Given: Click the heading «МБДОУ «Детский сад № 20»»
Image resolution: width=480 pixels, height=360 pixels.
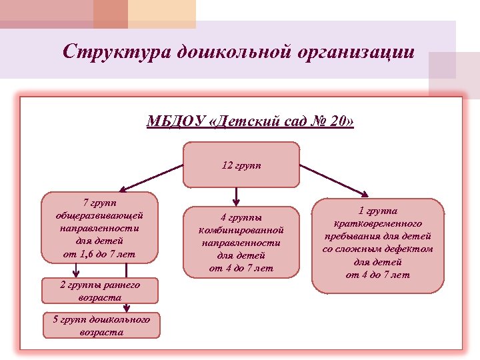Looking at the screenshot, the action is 250,122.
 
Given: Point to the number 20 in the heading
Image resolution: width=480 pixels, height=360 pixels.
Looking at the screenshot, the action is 339,122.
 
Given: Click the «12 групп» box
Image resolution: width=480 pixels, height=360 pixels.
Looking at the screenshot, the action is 241,165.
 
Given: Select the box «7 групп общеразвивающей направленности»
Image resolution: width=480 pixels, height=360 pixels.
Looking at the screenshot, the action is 100,227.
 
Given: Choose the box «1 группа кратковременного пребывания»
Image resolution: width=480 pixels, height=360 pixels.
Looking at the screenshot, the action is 377,245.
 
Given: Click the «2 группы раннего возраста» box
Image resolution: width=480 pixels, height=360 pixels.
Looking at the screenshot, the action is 100,291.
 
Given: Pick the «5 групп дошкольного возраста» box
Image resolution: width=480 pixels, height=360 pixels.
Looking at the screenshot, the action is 101,325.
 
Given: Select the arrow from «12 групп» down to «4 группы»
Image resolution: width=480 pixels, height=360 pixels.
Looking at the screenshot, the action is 237,195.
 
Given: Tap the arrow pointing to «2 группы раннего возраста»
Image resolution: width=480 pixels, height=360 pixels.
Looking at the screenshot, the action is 76,269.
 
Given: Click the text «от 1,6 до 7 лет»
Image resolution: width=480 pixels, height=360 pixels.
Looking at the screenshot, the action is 100,253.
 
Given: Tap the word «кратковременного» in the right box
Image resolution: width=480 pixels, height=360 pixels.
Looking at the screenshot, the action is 377,223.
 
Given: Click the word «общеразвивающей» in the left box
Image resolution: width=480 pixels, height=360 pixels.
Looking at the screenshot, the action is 100,215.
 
